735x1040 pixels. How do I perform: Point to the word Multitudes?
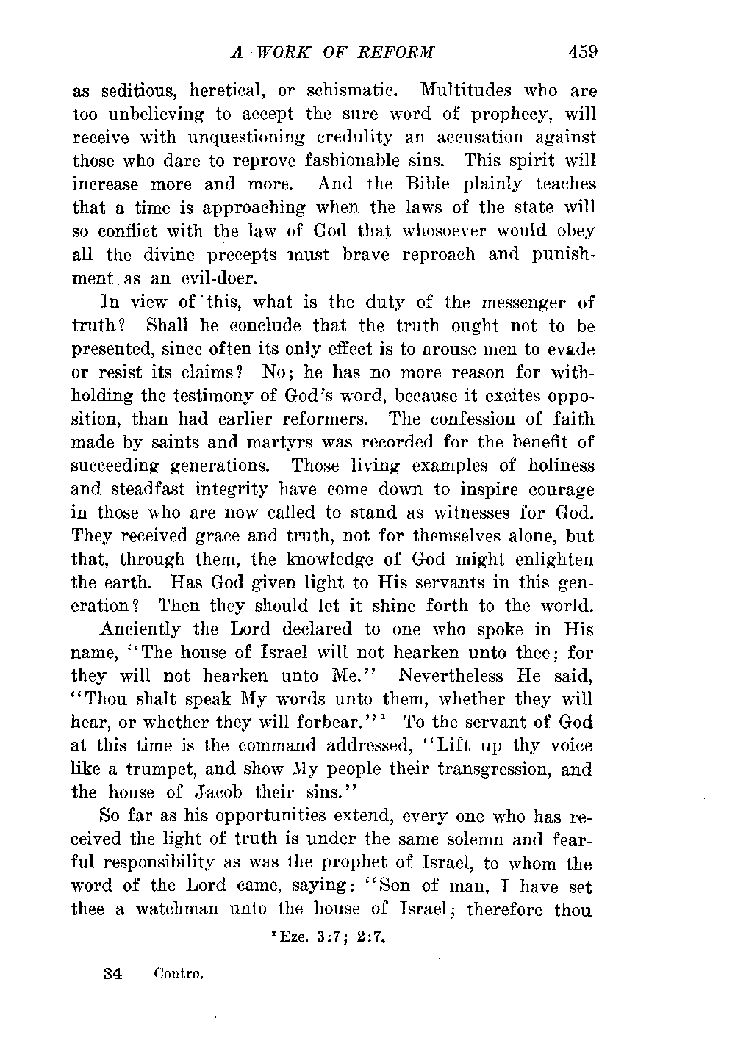coord(465,91)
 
